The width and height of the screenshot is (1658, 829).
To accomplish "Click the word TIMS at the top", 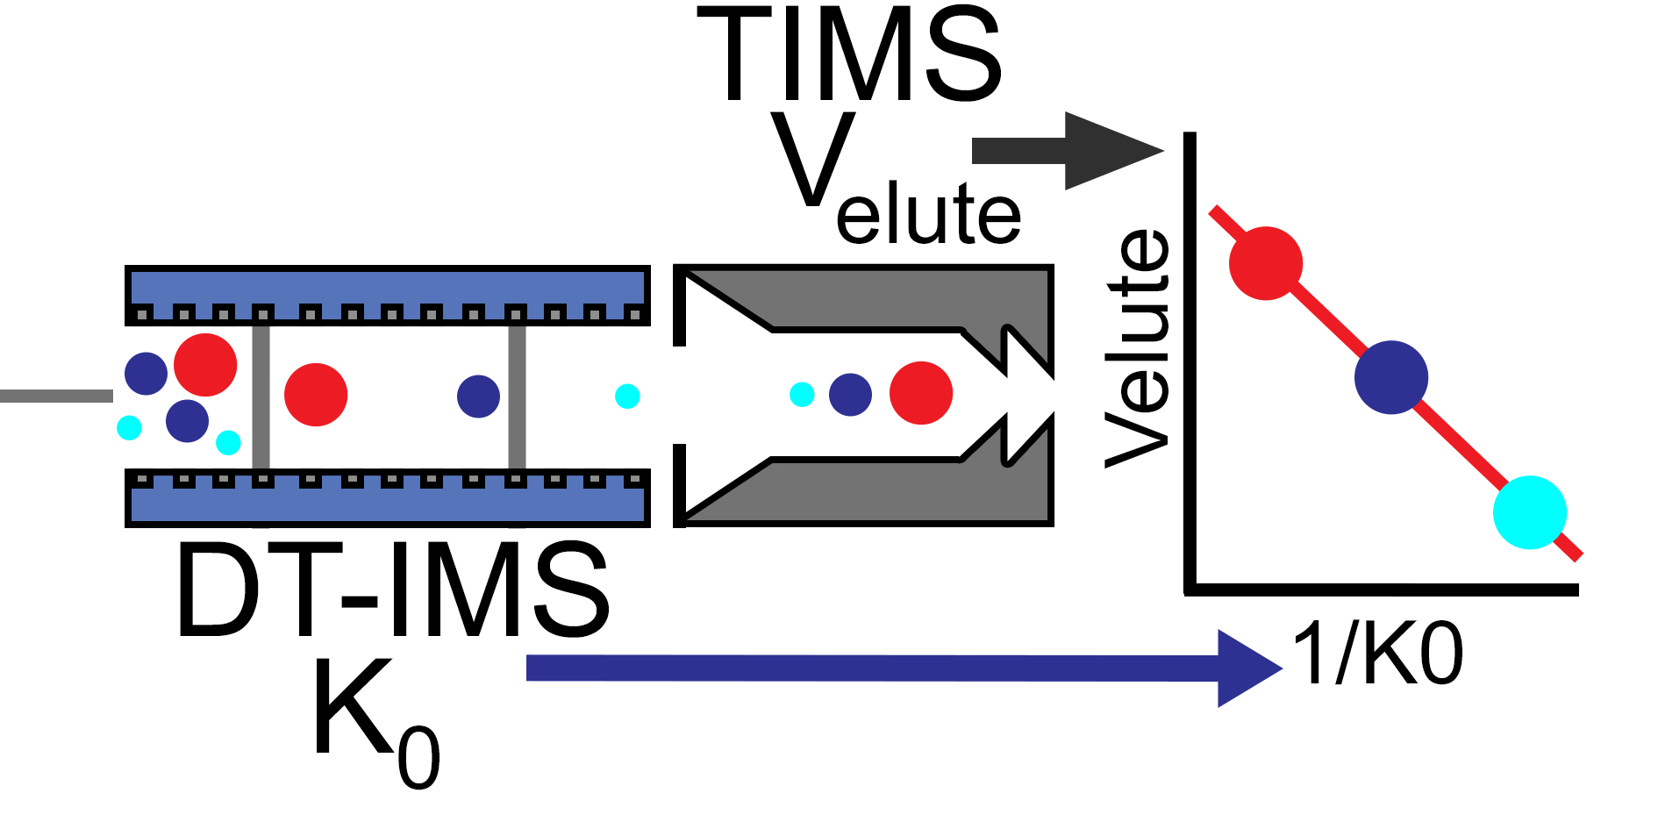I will click(x=849, y=54).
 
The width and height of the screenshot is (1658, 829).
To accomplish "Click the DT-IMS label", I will click(x=391, y=590).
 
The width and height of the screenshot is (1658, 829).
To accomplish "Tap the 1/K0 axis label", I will click(x=1378, y=654).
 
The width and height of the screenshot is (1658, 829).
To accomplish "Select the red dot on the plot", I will click(x=1266, y=263).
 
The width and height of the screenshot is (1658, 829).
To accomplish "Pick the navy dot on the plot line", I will click(x=1391, y=377).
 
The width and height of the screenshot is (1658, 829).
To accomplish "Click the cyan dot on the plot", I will click(x=1530, y=512).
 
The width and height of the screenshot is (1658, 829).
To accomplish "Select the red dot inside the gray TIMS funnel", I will click(x=921, y=393).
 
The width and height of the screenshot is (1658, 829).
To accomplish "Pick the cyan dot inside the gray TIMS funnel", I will click(x=802, y=395).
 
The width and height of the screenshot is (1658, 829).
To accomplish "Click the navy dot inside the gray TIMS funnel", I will click(x=850, y=395).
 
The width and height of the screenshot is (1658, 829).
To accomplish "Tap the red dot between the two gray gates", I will click(x=316, y=395).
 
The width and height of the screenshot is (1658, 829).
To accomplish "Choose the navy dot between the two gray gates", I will click(x=478, y=397).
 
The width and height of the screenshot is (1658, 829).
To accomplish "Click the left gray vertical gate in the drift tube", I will click(x=261, y=397).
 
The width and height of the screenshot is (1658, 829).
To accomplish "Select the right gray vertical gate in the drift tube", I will click(x=517, y=397).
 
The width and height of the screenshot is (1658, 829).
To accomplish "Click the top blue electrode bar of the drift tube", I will click(x=387, y=287).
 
